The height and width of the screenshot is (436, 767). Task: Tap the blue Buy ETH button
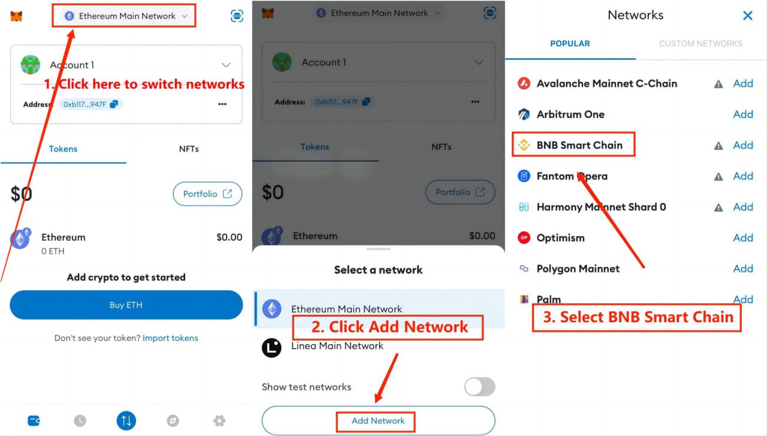(126, 305)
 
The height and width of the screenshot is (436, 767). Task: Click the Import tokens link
(170, 338)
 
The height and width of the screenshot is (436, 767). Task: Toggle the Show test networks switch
(479, 387)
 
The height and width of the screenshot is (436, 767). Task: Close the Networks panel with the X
(748, 16)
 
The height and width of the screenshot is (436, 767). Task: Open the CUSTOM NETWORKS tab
(700, 44)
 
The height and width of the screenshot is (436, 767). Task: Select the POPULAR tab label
(570, 44)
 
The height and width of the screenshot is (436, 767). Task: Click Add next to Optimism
(743, 238)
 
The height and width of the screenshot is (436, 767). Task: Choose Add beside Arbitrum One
(743, 114)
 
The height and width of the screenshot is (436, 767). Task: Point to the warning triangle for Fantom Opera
(718, 177)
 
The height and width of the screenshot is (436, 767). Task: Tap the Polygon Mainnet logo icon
(524, 268)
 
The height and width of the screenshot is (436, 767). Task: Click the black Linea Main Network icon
(271, 348)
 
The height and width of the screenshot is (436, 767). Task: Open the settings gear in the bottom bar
(219, 420)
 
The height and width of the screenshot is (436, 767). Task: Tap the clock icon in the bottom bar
(80, 420)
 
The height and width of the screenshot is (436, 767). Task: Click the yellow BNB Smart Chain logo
(524, 145)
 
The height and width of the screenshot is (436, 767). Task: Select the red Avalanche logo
(524, 83)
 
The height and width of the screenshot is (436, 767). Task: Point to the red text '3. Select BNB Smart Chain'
(638, 317)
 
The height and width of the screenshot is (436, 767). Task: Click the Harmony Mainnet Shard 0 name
(601, 207)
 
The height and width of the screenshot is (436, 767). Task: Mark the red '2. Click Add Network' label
(389, 327)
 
